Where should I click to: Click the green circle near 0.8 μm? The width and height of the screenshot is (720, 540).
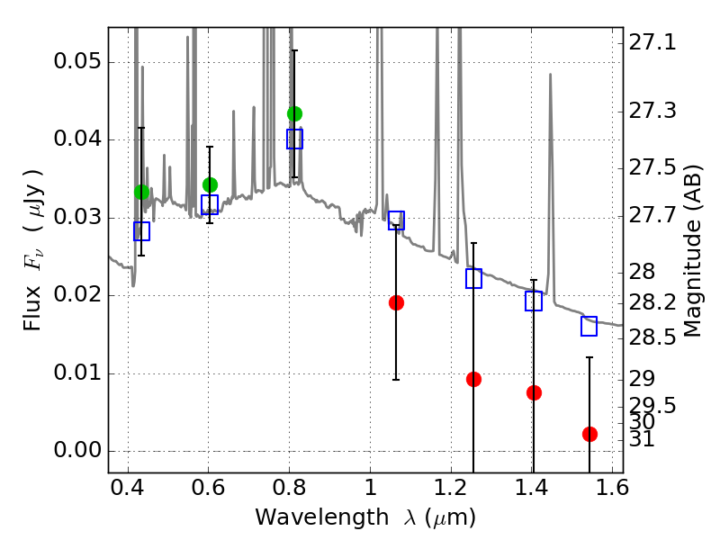click(x=295, y=113)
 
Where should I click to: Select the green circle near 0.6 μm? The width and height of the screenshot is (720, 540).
click(x=210, y=184)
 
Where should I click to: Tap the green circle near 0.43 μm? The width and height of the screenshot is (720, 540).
click(x=142, y=192)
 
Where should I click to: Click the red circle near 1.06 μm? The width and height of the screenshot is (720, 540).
click(x=396, y=302)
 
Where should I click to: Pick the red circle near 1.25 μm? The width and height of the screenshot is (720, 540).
click(x=473, y=379)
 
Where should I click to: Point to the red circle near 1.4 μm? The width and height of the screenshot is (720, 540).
click(x=534, y=392)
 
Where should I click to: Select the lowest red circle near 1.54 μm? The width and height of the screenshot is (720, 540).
click(x=589, y=434)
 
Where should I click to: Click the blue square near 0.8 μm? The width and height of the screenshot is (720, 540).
click(x=295, y=139)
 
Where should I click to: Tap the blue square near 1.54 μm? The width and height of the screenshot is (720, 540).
click(x=589, y=326)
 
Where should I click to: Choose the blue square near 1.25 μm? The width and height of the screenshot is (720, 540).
click(x=473, y=278)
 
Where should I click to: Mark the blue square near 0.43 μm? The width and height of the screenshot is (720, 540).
click(x=142, y=231)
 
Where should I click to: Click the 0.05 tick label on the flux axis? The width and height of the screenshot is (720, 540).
click(x=77, y=61)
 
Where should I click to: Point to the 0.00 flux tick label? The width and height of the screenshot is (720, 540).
click(x=77, y=449)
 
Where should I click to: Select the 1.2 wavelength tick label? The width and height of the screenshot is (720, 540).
click(x=452, y=488)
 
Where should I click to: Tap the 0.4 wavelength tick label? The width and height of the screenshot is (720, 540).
click(x=128, y=488)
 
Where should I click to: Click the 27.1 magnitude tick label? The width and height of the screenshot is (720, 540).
click(x=652, y=42)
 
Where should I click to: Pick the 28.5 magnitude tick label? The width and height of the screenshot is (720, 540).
click(x=652, y=337)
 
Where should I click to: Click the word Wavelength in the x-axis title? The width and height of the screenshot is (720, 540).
click(x=322, y=517)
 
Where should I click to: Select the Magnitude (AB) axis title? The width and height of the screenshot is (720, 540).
click(x=693, y=251)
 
